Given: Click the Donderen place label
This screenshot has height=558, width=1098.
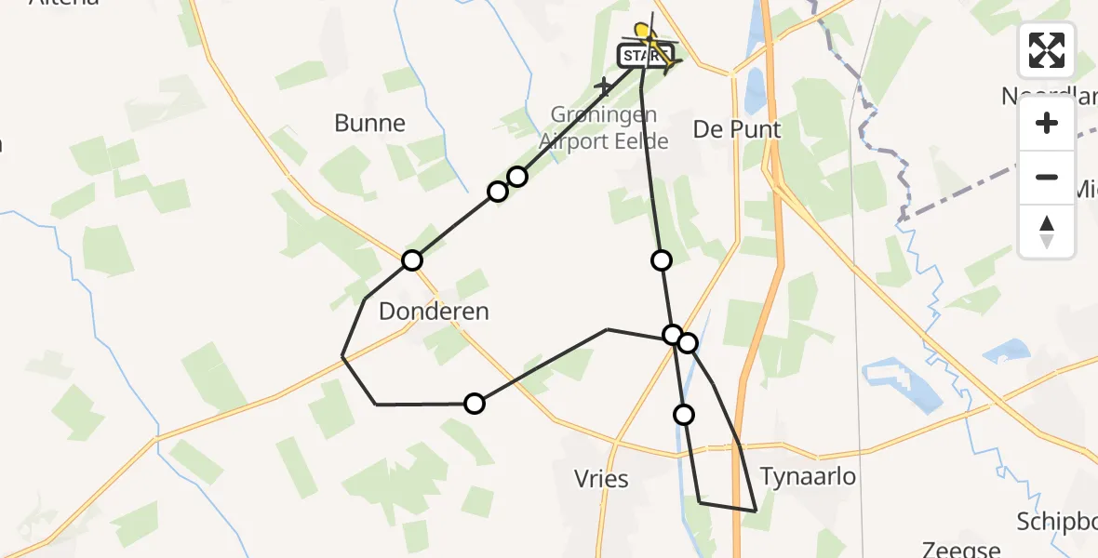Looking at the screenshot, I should pyautogui.click(x=434, y=312).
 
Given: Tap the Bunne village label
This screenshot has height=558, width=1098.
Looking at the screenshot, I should pyautogui.click(x=370, y=123).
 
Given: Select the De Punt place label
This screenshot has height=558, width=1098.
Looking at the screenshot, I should pyautogui.click(x=737, y=129).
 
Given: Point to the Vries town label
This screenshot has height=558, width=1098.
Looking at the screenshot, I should pyautogui.click(x=602, y=480).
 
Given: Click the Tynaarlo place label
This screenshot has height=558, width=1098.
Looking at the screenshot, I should pyautogui.click(x=808, y=476).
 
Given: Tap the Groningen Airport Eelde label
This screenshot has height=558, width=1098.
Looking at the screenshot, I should pyautogui.click(x=604, y=128).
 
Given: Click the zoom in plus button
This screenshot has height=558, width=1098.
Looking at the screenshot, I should pyautogui.click(x=1047, y=124).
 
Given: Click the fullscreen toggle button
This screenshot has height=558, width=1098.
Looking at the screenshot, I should pyautogui.click(x=1047, y=50).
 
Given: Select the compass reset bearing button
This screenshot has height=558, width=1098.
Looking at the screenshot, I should pyautogui.click(x=1047, y=231).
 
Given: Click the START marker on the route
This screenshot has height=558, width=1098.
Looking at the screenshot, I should pyautogui.click(x=643, y=57).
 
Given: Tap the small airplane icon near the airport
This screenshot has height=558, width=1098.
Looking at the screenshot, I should pyautogui.click(x=605, y=87).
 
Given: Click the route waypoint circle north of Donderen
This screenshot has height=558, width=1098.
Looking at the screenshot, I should pyautogui.click(x=412, y=260).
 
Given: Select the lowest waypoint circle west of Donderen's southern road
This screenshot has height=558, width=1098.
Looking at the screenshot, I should pyautogui.click(x=475, y=404).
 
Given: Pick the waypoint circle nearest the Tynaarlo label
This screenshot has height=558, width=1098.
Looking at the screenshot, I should pyautogui.click(x=685, y=415).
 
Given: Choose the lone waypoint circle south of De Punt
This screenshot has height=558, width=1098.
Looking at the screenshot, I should pyautogui.click(x=662, y=260).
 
